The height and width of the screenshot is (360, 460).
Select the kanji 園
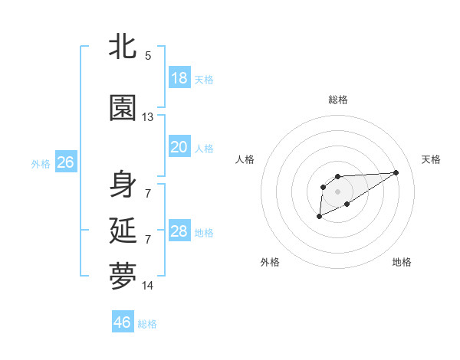point(123,108)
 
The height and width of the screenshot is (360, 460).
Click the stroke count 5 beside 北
point(148,56)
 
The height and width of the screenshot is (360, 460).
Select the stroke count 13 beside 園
point(148,117)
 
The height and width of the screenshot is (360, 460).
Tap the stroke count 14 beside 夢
point(148,286)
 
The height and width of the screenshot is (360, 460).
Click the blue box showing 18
point(179,78)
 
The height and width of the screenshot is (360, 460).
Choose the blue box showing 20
point(179,147)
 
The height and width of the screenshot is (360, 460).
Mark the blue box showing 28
point(179,231)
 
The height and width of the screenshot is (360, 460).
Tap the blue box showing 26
point(65,162)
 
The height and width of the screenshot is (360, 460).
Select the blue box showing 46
point(123,322)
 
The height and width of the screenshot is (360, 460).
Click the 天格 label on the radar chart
point(432,159)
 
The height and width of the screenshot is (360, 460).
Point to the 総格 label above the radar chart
point(338,100)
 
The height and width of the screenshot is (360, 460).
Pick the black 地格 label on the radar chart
point(402,262)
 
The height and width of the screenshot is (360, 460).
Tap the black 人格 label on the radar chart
point(245,159)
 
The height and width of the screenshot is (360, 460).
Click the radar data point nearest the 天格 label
point(396,172)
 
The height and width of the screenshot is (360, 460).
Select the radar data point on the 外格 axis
point(319,218)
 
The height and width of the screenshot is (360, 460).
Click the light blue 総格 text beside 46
point(147,324)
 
